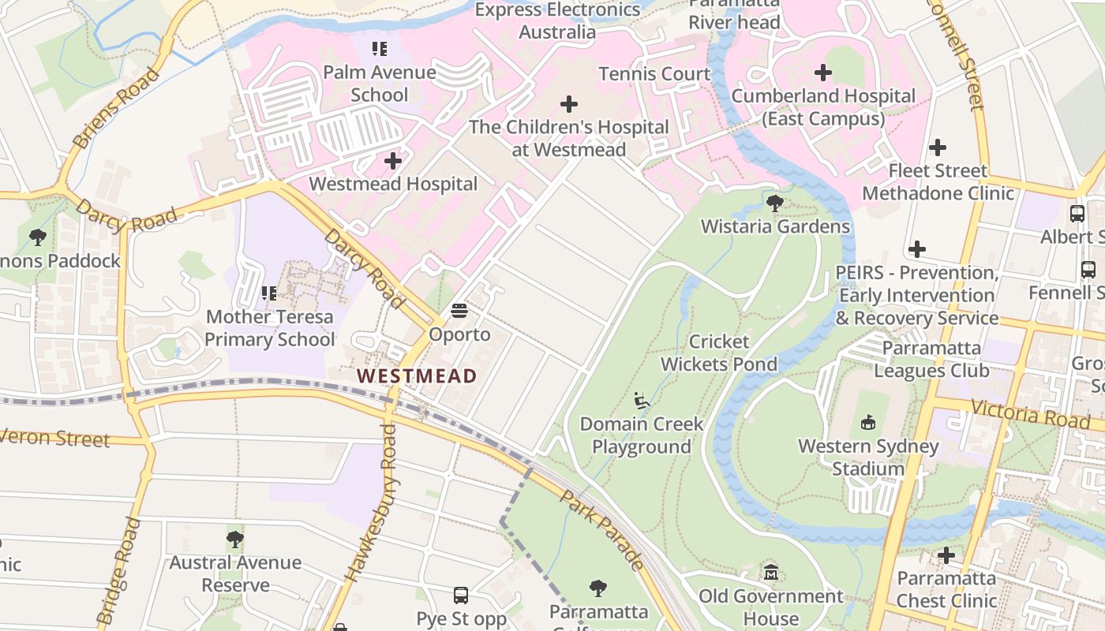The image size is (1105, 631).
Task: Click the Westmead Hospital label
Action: pyautogui.click(x=393, y=184)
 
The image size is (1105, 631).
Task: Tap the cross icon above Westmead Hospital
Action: pyautogui.click(x=393, y=161)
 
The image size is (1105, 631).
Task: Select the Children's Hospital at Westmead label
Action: pyautogui.click(x=568, y=138)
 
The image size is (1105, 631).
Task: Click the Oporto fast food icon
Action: pyautogui.click(x=459, y=311)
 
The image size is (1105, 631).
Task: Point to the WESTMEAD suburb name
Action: pyautogui.click(x=418, y=375)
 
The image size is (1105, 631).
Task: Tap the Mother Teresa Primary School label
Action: pyautogui.click(x=270, y=328)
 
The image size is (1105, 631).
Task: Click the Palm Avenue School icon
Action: pyautogui.click(x=380, y=49)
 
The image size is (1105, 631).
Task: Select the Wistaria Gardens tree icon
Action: pyautogui.click(x=775, y=203)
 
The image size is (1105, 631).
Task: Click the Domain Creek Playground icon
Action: pyautogui.click(x=642, y=401)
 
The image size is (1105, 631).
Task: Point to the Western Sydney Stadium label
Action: pyautogui.click(x=868, y=457)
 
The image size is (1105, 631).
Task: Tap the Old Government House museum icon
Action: pyautogui.click(x=771, y=572)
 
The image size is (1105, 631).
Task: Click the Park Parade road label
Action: pyautogui.click(x=602, y=530)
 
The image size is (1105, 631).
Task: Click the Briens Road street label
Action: pyautogui.click(x=116, y=108)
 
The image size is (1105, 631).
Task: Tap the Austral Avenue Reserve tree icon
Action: pyautogui.click(x=234, y=540)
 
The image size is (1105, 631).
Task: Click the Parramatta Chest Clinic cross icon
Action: pyautogui.click(x=946, y=555)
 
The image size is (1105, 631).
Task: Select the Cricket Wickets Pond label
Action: pyautogui.click(x=719, y=353)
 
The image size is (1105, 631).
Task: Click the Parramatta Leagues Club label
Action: pyautogui.click(x=931, y=359)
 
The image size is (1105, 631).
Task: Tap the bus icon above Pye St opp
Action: pyautogui.click(x=461, y=595)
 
